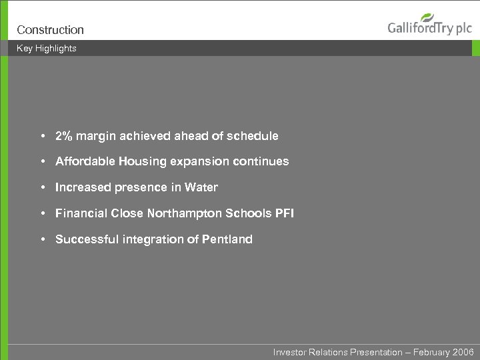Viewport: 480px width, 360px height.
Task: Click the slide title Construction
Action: (50, 30)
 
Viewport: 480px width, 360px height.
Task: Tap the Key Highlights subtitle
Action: (47, 48)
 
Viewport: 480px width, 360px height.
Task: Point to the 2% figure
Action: (63, 136)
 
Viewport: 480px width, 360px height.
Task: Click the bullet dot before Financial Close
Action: (42, 213)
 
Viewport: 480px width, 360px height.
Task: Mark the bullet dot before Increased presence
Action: (42, 187)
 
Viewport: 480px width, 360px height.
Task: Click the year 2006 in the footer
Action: (463, 352)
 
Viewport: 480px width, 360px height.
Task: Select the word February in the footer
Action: (431, 352)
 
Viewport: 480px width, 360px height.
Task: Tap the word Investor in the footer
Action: (289, 352)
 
